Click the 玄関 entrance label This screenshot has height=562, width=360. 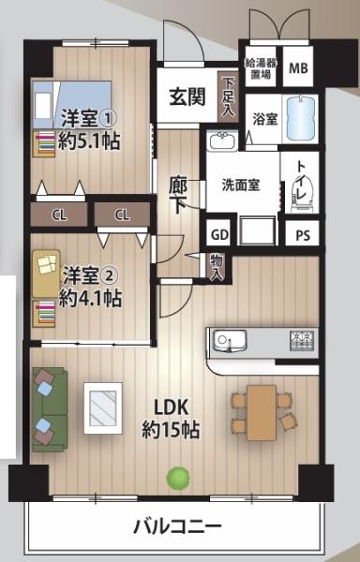tap(187, 96)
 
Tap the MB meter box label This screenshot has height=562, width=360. tap(298, 67)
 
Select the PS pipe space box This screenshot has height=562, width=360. tap(303, 235)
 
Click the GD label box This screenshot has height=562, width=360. tap(219, 235)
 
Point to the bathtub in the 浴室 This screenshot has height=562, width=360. tap(301, 119)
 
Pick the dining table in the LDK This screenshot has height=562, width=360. tap(262, 412)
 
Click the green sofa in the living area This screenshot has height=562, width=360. tap(50, 409)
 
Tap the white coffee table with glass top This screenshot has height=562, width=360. tap(103, 407)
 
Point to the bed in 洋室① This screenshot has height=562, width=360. tap(71, 104)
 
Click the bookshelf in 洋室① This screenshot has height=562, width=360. tap(44, 143)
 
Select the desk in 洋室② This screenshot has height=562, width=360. tap(46, 274)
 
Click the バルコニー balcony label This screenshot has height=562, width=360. tap(177, 526)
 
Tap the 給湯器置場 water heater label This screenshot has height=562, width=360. tap(261, 68)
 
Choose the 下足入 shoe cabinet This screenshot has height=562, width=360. tap(228, 96)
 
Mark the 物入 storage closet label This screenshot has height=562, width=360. tap(217, 267)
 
